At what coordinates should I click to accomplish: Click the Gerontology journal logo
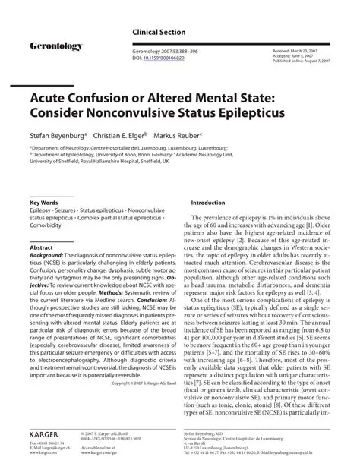(x=55, y=47)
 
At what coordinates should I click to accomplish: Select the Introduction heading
(x=207, y=203)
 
